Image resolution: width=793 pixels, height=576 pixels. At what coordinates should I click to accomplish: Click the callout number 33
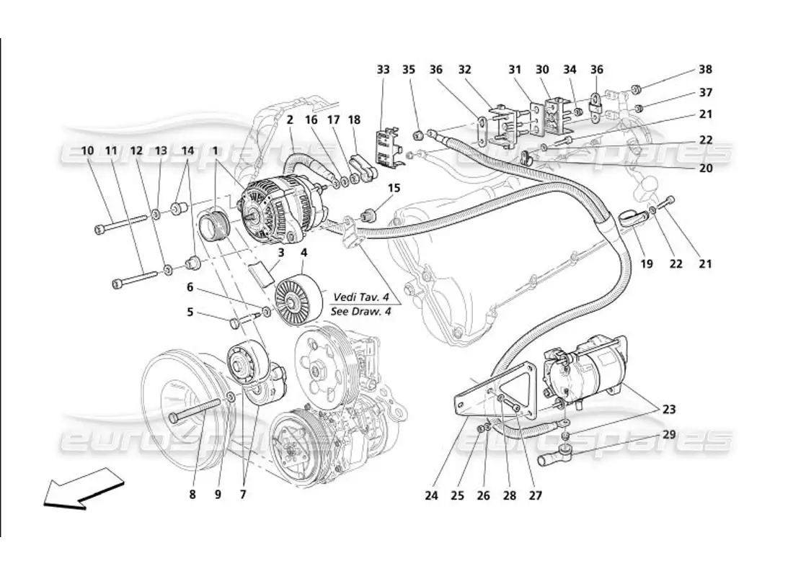pos(383,70)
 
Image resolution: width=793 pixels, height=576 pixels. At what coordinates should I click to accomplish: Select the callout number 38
pos(705,70)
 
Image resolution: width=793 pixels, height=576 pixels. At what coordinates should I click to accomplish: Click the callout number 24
pos(431,495)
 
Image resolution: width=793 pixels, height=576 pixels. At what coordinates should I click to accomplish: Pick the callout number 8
pos(192,495)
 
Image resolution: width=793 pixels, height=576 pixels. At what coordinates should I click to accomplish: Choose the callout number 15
pos(394,188)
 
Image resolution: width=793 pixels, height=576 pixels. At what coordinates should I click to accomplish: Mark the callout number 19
pos(647,264)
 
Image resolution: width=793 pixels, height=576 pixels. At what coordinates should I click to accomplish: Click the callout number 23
pos(670,409)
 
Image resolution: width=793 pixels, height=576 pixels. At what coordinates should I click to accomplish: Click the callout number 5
pos(190,312)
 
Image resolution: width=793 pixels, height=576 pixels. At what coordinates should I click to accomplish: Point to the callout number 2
pos(289,120)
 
